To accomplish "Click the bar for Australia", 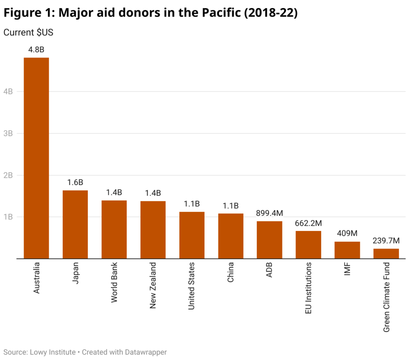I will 36,158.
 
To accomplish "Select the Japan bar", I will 75,225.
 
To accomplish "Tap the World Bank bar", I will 114,230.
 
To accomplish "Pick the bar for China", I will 230,236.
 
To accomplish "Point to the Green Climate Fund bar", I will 386,254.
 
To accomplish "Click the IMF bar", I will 347,250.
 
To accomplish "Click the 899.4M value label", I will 269,214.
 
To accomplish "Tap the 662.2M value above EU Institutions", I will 308,223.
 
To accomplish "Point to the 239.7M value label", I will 386,241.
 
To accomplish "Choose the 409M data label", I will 347,234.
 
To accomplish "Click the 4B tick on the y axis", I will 8,91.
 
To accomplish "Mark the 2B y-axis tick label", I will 8,175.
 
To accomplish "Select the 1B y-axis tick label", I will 8,217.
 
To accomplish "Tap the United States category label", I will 192,286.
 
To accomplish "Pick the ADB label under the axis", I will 269,270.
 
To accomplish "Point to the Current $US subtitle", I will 28,33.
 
